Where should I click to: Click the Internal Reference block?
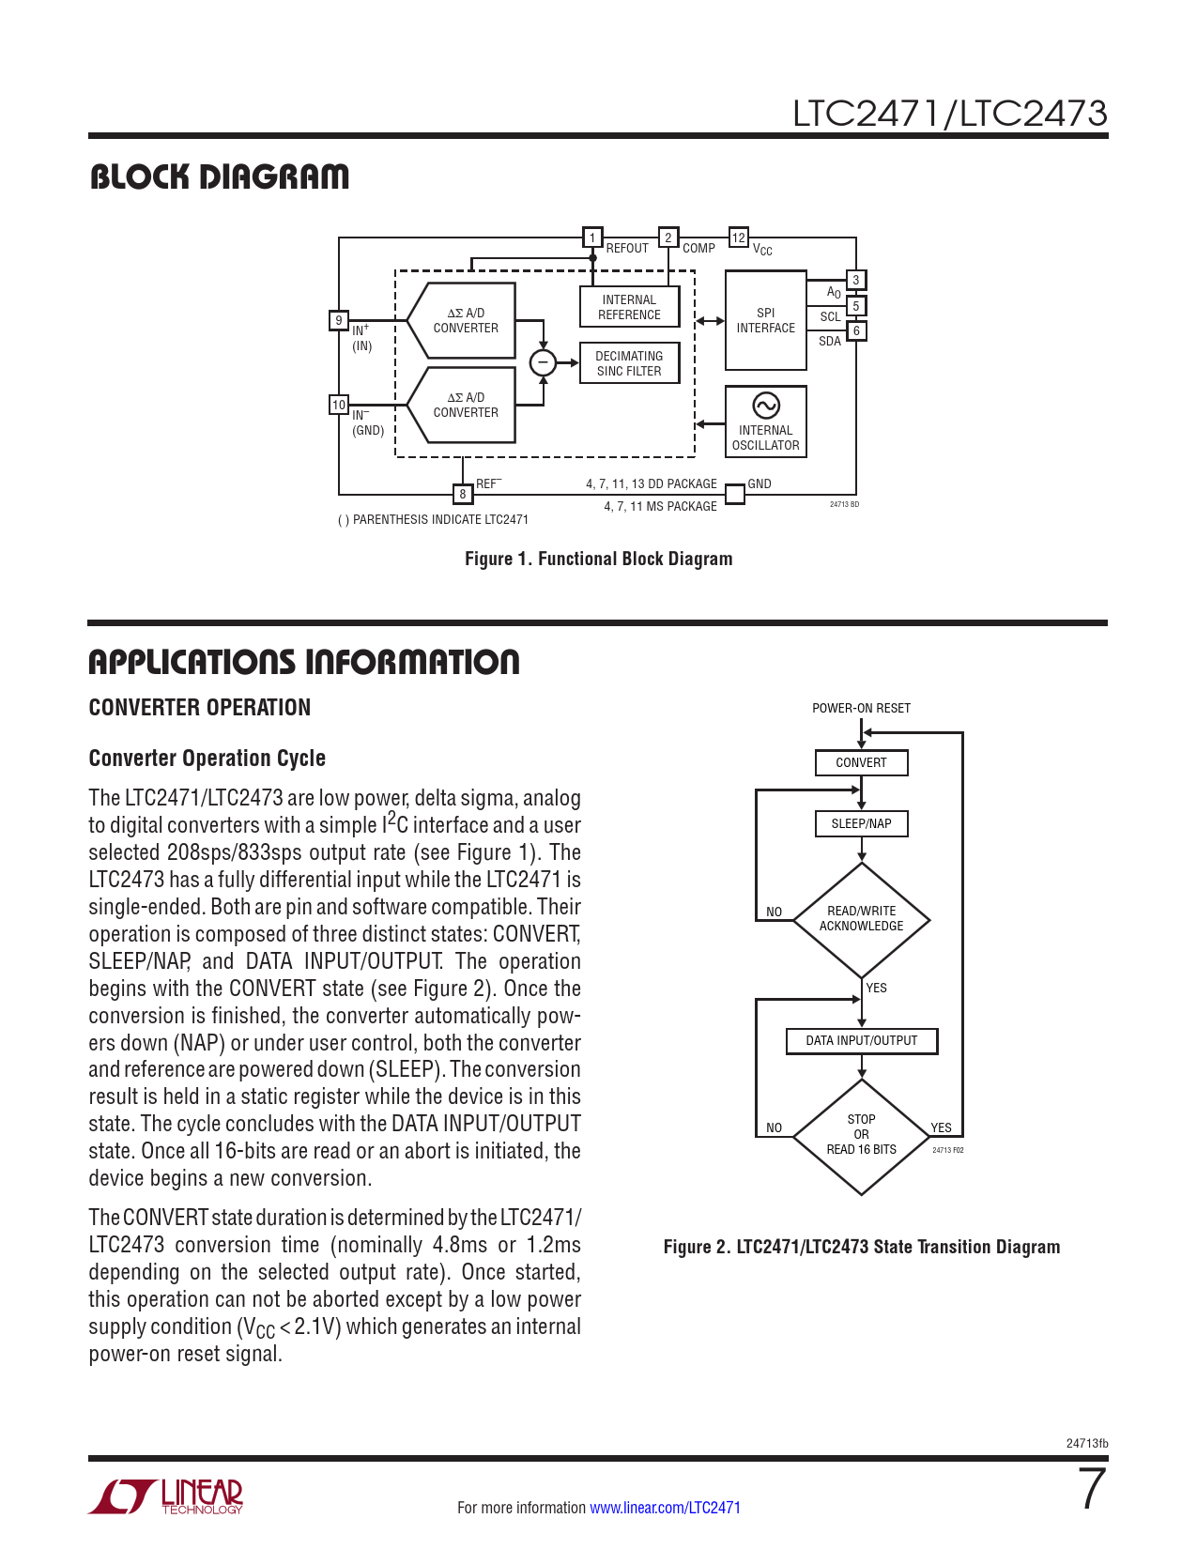[629, 307]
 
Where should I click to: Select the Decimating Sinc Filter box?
[629, 363]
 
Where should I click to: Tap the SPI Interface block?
[765, 320]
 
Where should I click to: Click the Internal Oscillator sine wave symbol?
[766, 405]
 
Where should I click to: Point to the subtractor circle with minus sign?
[543, 362]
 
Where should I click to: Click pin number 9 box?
[339, 320]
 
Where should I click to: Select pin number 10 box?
[339, 405]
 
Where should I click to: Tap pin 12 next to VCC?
[739, 238]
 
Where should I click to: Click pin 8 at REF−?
[462, 494]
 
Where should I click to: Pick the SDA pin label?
[830, 341]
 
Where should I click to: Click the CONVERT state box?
[861, 762]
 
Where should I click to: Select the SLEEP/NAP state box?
[861, 823]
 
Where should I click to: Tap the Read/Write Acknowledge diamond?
[861, 919]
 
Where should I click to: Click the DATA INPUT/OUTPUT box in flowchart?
[861, 1040]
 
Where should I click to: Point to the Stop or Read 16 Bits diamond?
[861, 1135]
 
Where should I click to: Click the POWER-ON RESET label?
[861, 708]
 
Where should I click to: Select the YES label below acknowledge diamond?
[876, 988]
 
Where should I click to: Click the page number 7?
[1092, 1489]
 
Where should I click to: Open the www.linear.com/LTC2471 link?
[665, 1508]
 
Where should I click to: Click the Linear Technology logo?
[166, 1496]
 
